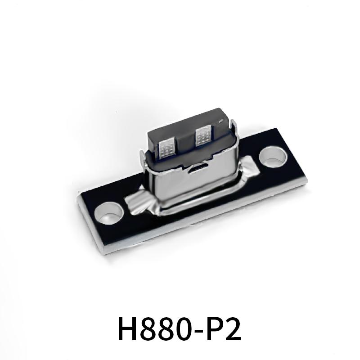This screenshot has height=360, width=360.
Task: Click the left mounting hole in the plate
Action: click(109, 213)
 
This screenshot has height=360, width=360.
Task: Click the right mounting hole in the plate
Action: click(273, 157)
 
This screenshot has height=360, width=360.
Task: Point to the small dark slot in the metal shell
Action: click(198, 169)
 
